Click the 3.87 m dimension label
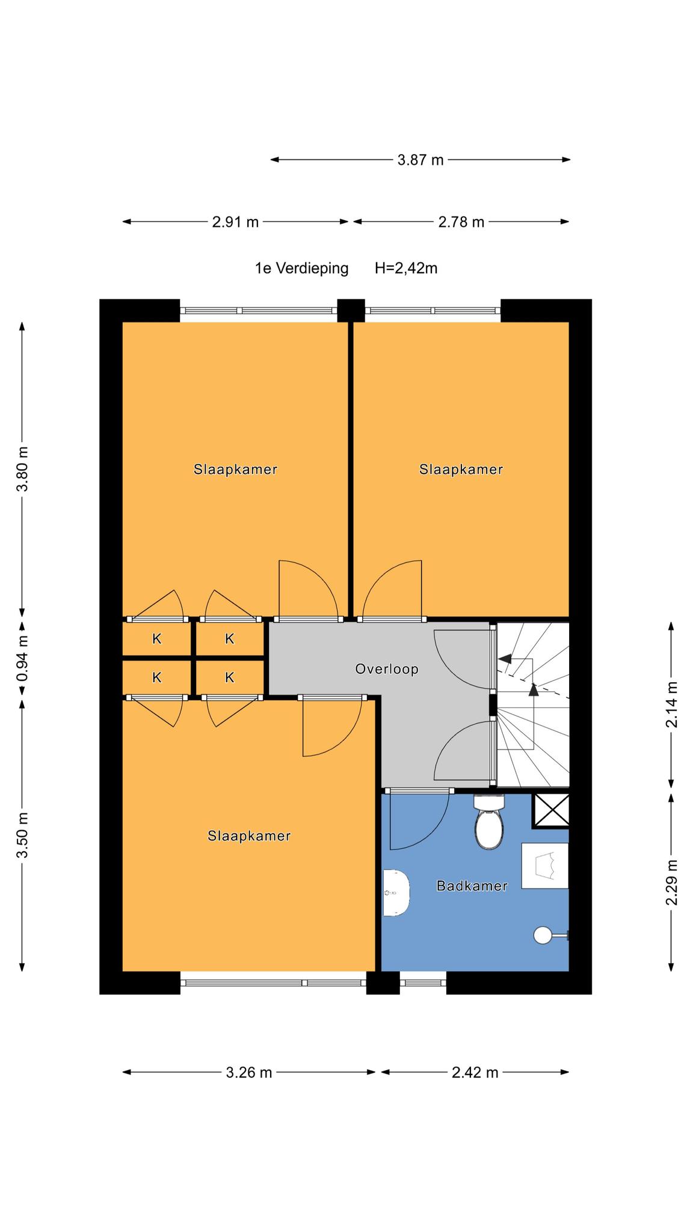point(420,160)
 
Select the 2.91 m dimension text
point(235,222)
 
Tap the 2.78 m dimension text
point(461,222)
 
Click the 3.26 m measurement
point(249,1072)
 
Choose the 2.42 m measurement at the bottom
point(475,1072)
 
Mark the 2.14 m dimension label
point(671,704)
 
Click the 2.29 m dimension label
point(671,882)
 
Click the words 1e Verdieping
point(301,268)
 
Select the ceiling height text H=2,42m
point(406,268)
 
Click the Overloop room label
point(386,669)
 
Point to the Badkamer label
point(472,885)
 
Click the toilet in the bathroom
point(488,822)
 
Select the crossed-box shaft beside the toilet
point(550,810)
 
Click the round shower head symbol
point(543,935)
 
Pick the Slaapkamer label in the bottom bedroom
point(249,836)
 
